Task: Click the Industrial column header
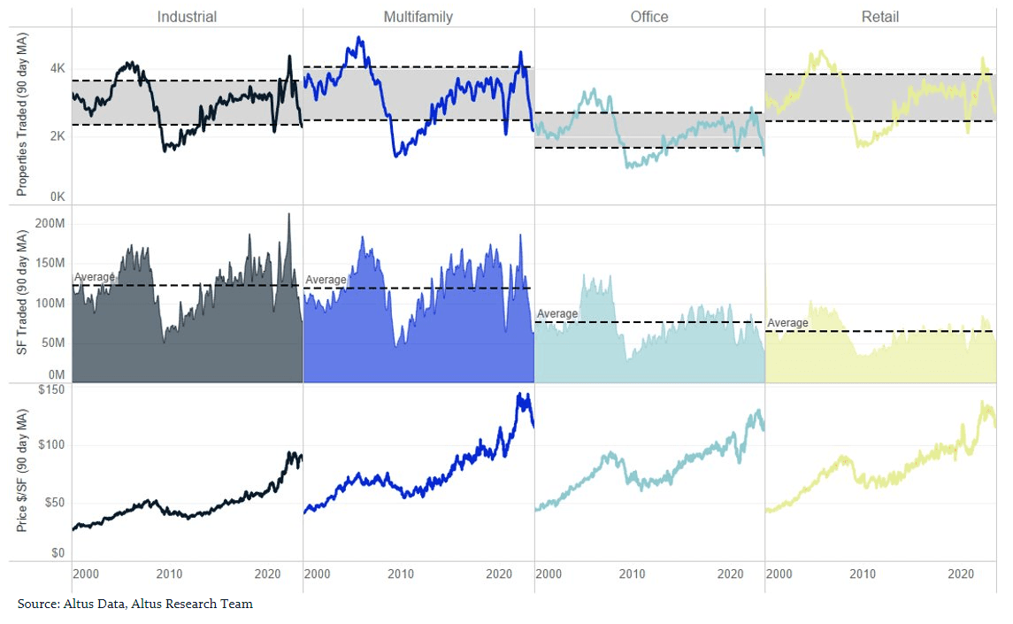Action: [187, 17]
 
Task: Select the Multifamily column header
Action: [418, 17]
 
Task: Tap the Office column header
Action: [649, 17]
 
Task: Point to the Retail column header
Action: [880, 17]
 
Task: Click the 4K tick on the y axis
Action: [57, 69]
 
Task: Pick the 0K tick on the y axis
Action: [57, 197]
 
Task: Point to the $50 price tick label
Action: [54, 503]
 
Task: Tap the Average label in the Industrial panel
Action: [94, 277]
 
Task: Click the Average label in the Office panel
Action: [557, 314]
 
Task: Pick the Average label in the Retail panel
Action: [787, 323]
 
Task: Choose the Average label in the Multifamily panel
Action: [326, 280]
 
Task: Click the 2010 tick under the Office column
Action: [632, 574]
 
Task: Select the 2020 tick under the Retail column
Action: [961, 574]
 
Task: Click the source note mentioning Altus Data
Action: [135, 604]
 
